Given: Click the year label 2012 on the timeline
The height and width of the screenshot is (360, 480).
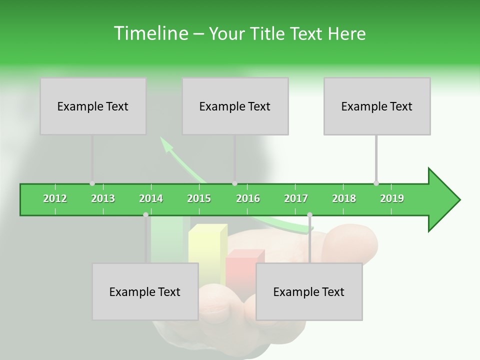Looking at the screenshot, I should point(55,198).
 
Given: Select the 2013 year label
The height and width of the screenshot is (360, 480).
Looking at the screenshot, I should point(103,198).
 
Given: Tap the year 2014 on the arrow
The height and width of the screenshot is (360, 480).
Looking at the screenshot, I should point(151,198).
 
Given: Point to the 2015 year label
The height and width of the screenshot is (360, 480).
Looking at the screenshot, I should point(199,198).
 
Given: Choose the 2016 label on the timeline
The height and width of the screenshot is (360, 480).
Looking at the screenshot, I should point(248,198).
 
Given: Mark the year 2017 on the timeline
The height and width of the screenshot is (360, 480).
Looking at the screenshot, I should point(296,198).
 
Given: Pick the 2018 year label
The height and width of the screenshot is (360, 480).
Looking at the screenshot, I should point(344,198).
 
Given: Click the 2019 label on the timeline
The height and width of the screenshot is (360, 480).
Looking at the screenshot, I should point(392,198).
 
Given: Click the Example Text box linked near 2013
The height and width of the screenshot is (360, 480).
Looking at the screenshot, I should point(93,106).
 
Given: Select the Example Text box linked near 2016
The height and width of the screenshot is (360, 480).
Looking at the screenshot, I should point(235,106).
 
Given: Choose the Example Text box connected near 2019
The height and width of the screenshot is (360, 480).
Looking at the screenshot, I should point(377,106).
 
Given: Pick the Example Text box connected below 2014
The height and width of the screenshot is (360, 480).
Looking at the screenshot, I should point(145,291).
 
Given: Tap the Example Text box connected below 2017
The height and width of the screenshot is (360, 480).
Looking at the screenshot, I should point(309,291).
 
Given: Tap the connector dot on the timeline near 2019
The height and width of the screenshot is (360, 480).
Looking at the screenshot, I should point(376,183).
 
